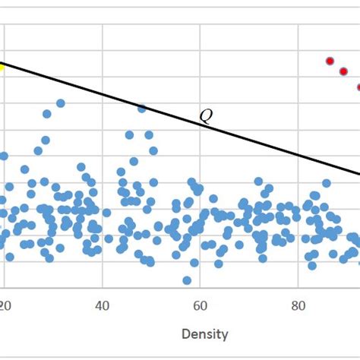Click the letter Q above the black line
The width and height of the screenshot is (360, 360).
coord(206,116)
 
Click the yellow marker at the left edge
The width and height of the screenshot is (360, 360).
coord(2,66)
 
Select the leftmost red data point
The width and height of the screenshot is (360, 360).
coord(330,61)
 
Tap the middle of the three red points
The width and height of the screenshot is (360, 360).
coord(343,71)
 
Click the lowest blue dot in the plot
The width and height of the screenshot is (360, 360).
coord(187,280)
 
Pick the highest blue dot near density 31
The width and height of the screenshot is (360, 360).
coord(61,103)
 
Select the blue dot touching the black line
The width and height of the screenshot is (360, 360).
coord(141,109)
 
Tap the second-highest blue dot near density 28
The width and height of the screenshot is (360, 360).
coord(47,114)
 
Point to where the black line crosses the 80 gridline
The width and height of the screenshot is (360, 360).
coord(298,156)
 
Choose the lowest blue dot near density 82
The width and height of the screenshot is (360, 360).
coord(311,265)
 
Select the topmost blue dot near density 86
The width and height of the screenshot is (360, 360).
coord(327,183)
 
